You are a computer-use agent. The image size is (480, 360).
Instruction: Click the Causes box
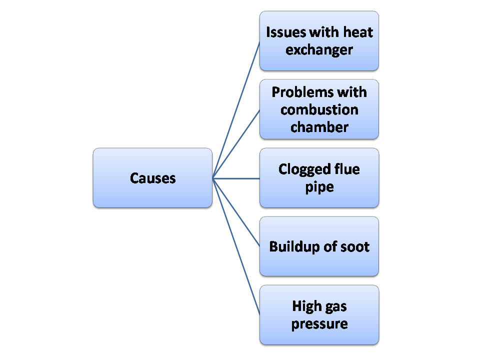(152, 178)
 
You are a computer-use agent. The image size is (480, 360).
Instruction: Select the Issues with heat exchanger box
(319, 41)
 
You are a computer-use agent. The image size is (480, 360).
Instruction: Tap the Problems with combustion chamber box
(319, 109)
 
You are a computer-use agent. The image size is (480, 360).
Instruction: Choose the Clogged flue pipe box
(319, 178)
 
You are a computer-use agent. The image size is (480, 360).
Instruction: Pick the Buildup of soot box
(319, 246)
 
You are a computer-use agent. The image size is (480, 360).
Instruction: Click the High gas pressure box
(319, 315)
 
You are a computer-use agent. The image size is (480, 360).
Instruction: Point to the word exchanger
(319, 50)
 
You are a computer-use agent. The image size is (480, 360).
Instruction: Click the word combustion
(319, 109)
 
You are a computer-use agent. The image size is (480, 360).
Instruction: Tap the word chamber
(319, 127)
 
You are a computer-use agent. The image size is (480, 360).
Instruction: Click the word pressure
(319, 323)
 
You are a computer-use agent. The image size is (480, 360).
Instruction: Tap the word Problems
(295, 92)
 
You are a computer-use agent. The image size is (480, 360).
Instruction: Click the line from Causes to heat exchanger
(236, 109)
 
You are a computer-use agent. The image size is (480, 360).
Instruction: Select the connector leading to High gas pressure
(236, 246)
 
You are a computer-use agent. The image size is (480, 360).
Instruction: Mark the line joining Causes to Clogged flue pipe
(236, 178)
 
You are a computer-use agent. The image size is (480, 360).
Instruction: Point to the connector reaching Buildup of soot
(236, 212)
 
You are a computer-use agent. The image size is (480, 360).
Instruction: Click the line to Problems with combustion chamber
(236, 144)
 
